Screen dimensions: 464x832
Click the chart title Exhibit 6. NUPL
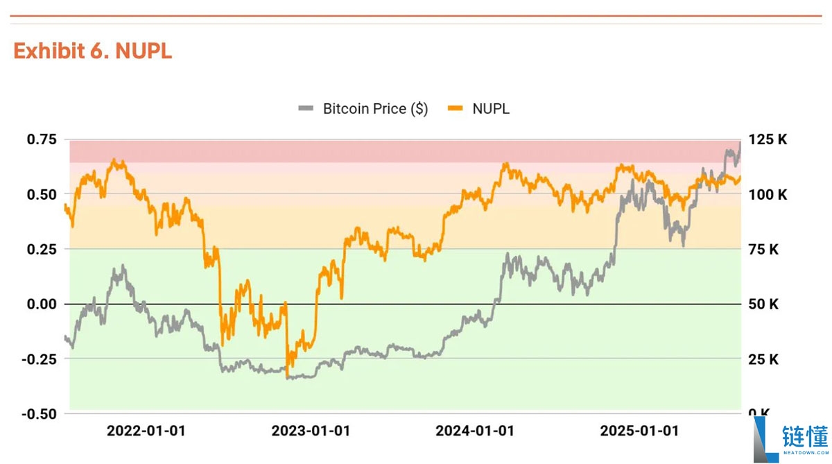tap(92, 51)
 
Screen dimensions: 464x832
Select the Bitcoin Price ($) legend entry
tap(375, 109)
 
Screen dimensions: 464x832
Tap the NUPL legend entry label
tap(491, 109)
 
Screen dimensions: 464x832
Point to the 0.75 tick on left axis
tap(42, 139)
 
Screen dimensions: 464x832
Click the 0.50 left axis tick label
tap(42, 194)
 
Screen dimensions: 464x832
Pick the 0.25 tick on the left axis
tap(42, 249)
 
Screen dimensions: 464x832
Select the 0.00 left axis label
tap(42, 304)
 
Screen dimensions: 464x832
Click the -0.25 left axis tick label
tap(40, 359)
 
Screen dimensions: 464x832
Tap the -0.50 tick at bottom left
tap(40, 413)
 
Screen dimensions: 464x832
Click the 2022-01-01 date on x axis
tap(146, 431)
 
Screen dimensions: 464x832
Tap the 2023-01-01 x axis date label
tap(311, 431)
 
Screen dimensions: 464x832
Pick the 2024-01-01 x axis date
tap(475, 431)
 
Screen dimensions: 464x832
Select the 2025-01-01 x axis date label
tap(639, 431)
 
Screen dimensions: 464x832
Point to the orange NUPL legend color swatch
tap(455, 109)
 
